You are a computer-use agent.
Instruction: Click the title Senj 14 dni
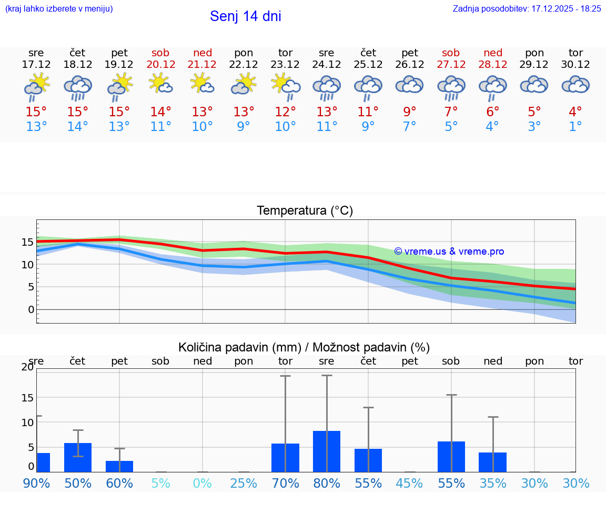[245, 16]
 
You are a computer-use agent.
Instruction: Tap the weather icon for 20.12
[160, 84]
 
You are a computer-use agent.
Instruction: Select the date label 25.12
[368, 64]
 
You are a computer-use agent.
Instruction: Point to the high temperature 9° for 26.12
[410, 112]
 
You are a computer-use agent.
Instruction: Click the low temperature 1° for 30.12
[575, 127]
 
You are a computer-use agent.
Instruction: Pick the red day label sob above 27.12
[451, 53]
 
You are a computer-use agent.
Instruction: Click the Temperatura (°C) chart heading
[305, 211]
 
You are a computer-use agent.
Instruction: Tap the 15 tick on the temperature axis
[27, 242]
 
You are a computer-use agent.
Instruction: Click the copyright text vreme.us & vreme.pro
[449, 252]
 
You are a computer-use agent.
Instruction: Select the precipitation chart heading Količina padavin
[304, 347]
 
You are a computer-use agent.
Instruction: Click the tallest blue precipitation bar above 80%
[327, 451]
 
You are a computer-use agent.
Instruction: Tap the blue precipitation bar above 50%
[78, 457]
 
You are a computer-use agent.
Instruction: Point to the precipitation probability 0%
[203, 483]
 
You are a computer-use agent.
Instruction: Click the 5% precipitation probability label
[161, 483]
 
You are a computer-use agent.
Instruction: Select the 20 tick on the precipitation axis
[27, 367]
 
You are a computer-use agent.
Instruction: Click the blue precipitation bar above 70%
[285, 458]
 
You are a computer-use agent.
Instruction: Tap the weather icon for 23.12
[285, 85]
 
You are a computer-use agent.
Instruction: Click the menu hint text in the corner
[59, 8]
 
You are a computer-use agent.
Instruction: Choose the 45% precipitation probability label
[410, 483]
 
